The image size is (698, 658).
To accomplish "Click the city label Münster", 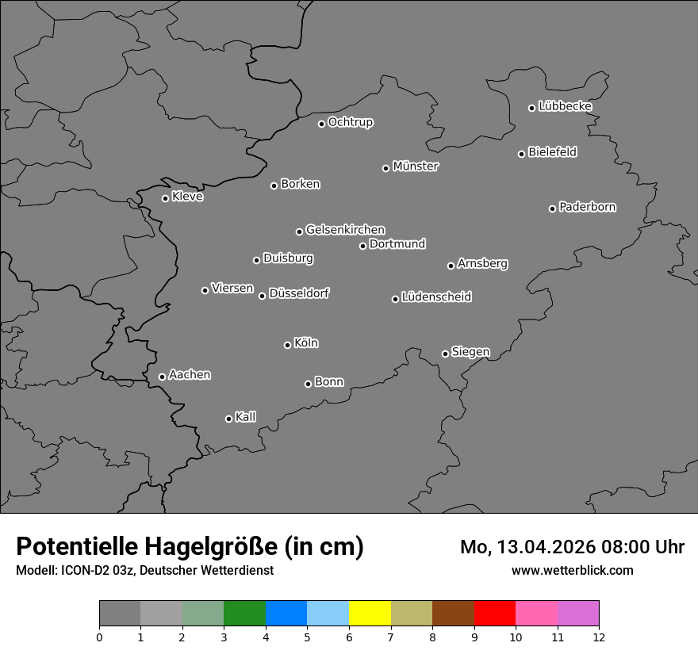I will (416, 166).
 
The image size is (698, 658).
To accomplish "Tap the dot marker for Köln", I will (287, 345).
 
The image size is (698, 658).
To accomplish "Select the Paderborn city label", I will (588, 207).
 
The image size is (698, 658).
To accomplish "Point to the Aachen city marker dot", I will (162, 377).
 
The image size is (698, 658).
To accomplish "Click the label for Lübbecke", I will (566, 106).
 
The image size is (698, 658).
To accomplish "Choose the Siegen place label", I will (470, 352).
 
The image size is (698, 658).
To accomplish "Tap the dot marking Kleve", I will (165, 198).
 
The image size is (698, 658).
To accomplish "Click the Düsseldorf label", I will (299, 293).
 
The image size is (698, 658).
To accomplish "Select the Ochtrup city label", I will (351, 122).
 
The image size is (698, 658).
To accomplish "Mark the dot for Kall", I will (228, 419).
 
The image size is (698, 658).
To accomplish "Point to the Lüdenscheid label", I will (436, 297).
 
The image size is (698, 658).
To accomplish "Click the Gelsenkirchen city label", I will (345, 230).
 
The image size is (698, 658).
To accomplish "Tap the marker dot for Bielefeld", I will (521, 154).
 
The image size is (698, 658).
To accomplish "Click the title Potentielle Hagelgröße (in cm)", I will (190, 547).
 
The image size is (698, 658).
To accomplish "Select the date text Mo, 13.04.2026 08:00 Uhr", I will (572, 547).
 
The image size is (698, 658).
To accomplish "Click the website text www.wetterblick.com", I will (572, 570).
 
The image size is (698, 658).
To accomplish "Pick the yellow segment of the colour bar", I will (370, 614).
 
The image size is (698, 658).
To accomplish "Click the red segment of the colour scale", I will (494, 614).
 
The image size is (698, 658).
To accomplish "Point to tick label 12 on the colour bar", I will (598, 637).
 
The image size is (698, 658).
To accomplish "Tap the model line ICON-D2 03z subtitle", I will (144, 570).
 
